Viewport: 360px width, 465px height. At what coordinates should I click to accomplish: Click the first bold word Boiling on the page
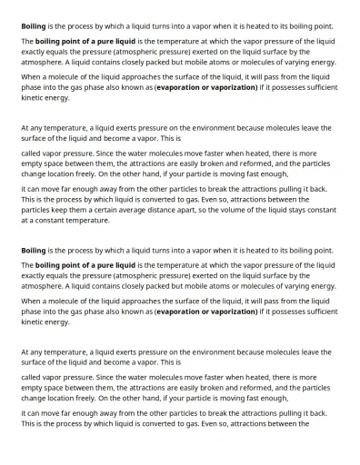point(34,26)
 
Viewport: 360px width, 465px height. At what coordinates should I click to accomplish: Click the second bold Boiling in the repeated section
point(34,250)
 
